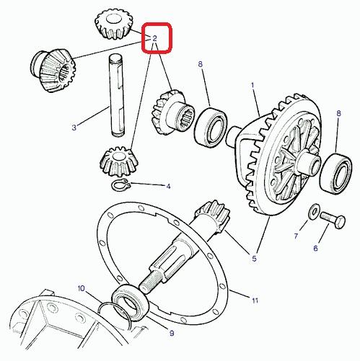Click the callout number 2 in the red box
pos(154,38)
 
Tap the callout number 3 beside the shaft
pos(74,128)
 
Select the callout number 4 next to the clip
pos(168,186)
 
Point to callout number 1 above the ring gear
pos(253,85)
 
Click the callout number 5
pos(254,259)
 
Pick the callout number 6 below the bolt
pos(315,248)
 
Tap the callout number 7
pos(296,236)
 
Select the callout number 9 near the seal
pos(172,333)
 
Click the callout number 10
pos(82,288)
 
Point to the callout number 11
pos(255,300)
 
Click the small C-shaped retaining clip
pos(121,185)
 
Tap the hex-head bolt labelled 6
pos(333,220)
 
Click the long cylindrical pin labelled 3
pos(117,96)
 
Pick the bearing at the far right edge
pos(336,174)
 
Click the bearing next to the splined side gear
pos(211,127)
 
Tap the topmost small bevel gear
pos(113,24)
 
